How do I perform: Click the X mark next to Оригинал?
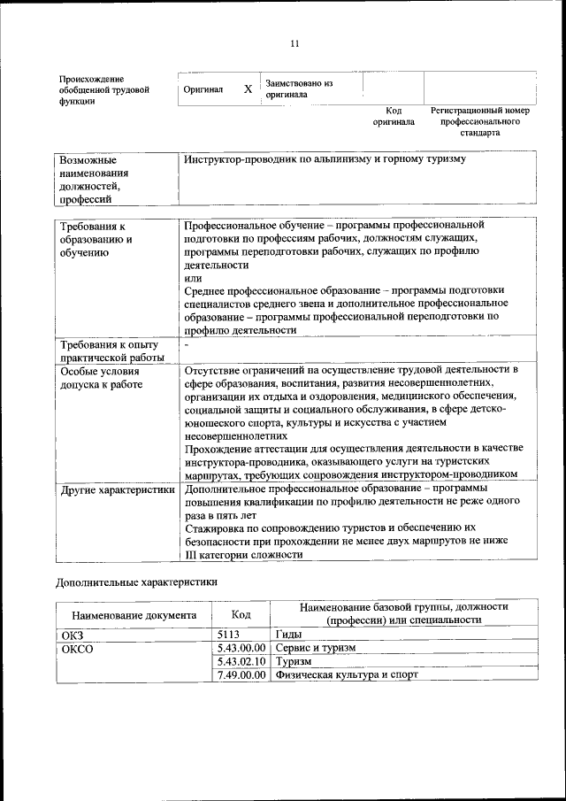click(248, 89)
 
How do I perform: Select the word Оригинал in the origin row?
click(203, 89)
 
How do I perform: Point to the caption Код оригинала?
click(394, 116)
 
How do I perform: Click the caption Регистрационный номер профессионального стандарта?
click(479, 121)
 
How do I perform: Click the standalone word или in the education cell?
click(190, 278)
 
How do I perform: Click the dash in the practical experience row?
click(187, 343)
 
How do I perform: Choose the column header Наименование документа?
click(134, 614)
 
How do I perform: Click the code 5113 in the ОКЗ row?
click(228, 635)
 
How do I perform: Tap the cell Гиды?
click(289, 635)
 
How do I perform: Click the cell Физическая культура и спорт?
click(347, 674)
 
